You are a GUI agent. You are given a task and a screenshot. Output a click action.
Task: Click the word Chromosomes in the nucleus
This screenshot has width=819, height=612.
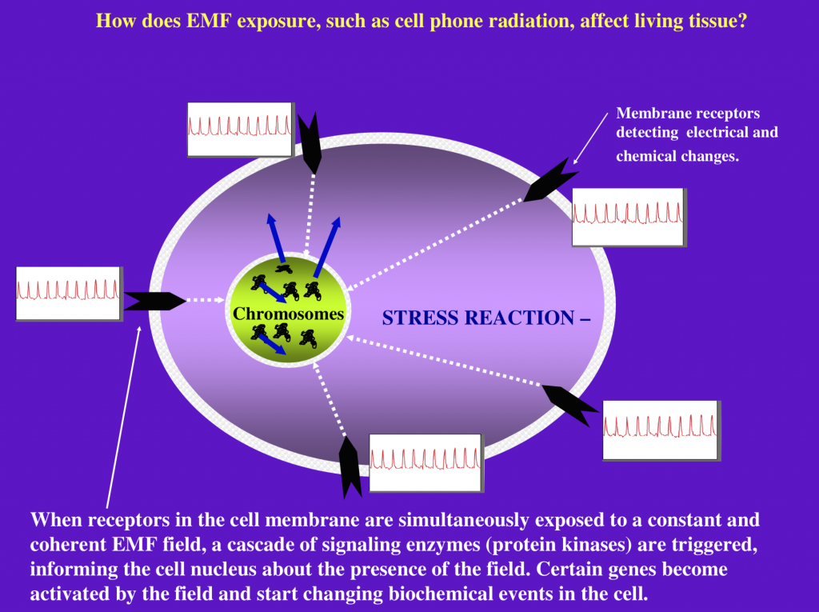point(288,314)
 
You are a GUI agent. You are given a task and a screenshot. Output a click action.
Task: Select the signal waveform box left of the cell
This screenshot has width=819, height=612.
point(70,293)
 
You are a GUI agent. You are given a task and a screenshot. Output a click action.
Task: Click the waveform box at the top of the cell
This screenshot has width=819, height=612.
point(241,130)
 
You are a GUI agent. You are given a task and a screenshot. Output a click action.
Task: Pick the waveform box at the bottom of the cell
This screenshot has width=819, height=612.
point(426,463)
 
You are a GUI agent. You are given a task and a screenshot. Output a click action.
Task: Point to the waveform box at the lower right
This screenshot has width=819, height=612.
point(661,430)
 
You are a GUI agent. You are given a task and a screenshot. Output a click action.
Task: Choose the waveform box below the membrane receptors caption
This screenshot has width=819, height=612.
point(629,217)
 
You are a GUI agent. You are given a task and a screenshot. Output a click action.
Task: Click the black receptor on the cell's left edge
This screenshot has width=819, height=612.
point(155,301)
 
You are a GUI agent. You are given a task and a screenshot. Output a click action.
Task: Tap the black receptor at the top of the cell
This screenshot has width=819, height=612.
point(311,142)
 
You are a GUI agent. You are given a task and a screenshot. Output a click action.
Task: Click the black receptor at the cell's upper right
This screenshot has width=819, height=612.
point(549,181)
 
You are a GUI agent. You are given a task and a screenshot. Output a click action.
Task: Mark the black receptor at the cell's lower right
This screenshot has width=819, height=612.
point(569,404)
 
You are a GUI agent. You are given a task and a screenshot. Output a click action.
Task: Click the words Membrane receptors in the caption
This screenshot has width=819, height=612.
point(688,114)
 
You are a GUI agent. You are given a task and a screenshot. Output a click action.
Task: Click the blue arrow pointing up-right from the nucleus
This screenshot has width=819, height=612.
point(327,247)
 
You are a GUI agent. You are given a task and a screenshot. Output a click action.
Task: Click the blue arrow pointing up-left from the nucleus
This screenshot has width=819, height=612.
point(276,238)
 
